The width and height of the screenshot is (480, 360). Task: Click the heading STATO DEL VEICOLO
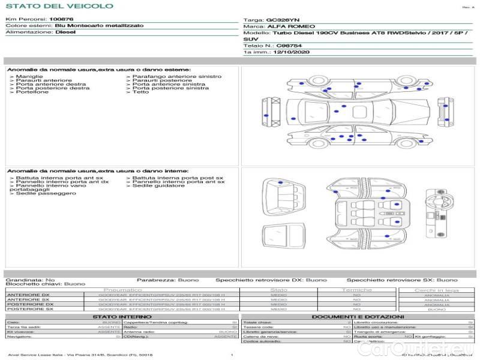[59, 6]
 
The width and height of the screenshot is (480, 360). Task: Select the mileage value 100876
[61, 19]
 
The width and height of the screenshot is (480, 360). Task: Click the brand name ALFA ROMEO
[286, 26]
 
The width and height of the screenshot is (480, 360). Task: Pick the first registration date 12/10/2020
[291, 52]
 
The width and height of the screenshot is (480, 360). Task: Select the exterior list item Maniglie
[29, 77]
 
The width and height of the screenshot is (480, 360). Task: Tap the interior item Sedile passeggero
[38, 194]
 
